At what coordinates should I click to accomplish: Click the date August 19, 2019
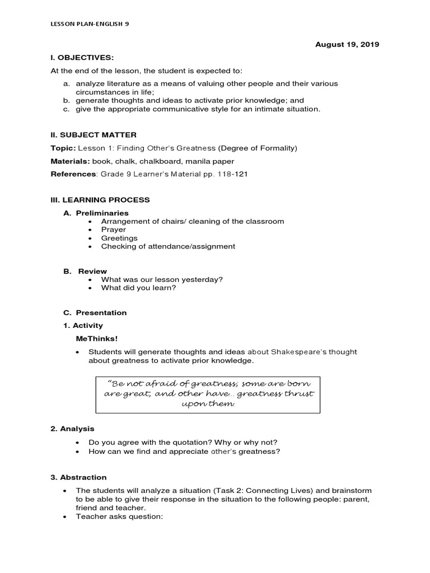[348, 45]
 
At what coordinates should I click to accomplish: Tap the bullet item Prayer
[114, 229]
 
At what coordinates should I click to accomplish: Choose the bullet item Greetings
[119, 238]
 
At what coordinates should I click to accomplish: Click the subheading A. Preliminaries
[96, 213]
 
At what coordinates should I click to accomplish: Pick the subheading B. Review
[85, 271]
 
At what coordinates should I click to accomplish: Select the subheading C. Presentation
[95, 313]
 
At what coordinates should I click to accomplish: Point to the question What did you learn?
[138, 288]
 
